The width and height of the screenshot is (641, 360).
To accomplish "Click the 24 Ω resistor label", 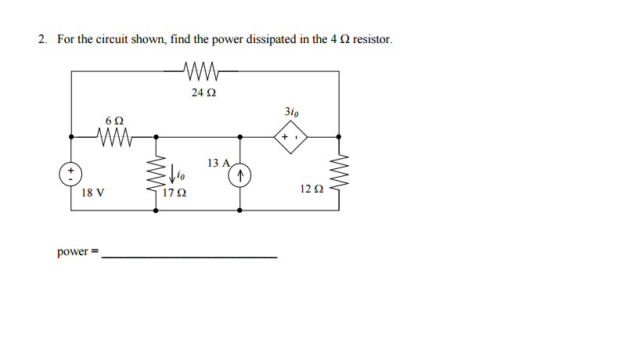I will [203, 92].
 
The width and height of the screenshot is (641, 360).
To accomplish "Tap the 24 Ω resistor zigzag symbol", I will [203, 71].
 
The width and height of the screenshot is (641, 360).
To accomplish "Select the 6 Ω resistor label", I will [114, 121].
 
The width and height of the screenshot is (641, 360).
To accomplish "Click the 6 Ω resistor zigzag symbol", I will [114, 138].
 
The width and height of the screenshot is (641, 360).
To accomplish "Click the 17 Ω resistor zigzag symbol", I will [156, 175].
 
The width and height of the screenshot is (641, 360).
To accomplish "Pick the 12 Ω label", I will [311, 189].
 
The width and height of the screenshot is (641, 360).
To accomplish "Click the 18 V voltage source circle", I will [71, 174].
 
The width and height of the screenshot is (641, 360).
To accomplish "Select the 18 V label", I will [92, 192].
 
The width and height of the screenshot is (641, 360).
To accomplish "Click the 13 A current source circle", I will [240, 175].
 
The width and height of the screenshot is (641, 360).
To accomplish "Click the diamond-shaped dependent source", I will [290, 138].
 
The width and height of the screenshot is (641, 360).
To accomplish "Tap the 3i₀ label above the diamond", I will [290, 112].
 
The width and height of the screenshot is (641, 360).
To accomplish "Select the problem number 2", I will [42, 38].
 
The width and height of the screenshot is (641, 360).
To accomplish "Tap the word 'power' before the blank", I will [73, 252].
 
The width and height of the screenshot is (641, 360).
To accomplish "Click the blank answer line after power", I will [189, 257].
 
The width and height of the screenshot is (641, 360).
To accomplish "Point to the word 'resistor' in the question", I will [371, 38].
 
